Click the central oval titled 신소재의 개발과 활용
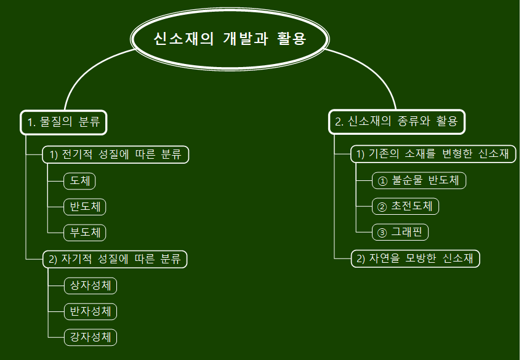pyautogui.click(x=230, y=39)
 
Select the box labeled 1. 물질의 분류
pyautogui.click(x=63, y=122)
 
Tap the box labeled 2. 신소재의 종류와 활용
pyautogui.click(x=396, y=122)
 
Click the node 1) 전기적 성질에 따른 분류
pyautogui.click(x=115, y=154)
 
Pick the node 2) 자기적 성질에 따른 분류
pyautogui.click(x=115, y=259)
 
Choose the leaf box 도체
pyautogui.click(x=79, y=181)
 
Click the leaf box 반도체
pyautogui.click(x=85, y=207)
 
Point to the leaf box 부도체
pyautogui.click(x=85, y=233)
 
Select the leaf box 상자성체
pyautogui.click(x=91, y=286)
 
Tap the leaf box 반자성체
pyautogui.click(x=91, y=311)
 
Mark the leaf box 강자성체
pyautogui.click(x=91, y=337)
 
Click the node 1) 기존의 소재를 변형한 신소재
pyautogui.click(x=433, y=154)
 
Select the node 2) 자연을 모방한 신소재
pyautogui.click(x=415, y=258)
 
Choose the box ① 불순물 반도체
pyautogui.click(x=419, y=180)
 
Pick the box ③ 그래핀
pyautogui.click(x=400, y=232)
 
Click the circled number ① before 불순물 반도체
pyautogui.click(x=382, y=181)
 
